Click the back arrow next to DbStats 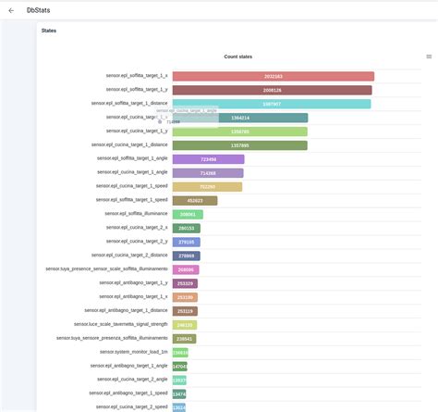click(13, 9)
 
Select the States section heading click(49, 31)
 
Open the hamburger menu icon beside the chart click(429, 56)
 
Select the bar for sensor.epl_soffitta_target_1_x click(273, 77)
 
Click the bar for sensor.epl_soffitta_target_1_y click(272, 91)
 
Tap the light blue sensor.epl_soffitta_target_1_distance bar click(271, 104)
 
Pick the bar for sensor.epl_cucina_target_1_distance click(239, 145)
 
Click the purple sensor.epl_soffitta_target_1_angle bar click(208, 159)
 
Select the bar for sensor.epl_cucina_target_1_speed click(207, 187)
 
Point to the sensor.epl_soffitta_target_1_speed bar click(194, 200)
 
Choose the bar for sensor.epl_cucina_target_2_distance click(186, 256)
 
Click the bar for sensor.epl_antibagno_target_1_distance click(185, 311)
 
